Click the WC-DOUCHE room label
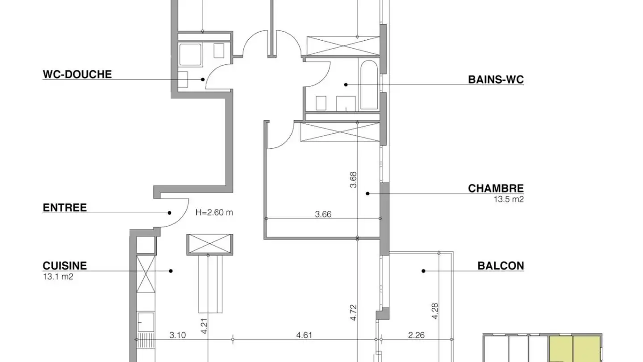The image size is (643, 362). (77, 74)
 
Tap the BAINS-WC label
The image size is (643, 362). (496, 80)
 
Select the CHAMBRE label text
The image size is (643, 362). (496, 189)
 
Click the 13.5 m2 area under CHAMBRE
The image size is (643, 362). (509, 199)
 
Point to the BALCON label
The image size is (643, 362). (501, 266)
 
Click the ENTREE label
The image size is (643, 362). (65, 208)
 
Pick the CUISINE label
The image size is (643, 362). (65, 266)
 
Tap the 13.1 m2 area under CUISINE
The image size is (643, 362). (58, 277)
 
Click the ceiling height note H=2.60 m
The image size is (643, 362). (214, 213)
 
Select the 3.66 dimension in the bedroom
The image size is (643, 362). (323, 215)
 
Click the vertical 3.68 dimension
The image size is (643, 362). (353, 180)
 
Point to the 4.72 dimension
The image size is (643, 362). (353, 312)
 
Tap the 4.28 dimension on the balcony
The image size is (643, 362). (435, 311)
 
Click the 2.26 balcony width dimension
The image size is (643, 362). (416, 335)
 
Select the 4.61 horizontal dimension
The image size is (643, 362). (304, 335)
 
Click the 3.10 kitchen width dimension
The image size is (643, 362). (178, 335)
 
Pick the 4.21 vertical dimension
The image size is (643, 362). (204, 326)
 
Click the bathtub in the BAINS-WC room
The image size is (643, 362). (369, 85)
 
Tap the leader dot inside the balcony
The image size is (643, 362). (423, 271)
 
